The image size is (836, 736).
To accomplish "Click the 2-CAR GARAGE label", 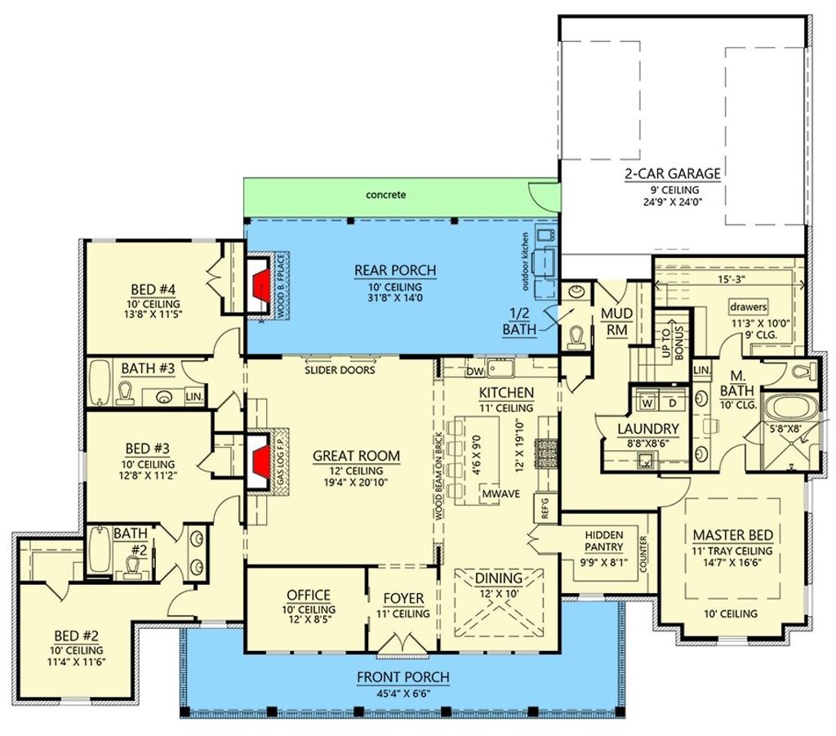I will [673, 173].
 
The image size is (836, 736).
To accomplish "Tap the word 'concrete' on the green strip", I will [385, 195].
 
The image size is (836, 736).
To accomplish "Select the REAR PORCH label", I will [394, 270].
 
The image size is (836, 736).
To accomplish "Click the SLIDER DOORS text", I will [340, 370].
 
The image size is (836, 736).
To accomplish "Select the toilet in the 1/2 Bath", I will [578, 337].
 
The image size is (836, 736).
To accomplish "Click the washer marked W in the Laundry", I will [647, 404].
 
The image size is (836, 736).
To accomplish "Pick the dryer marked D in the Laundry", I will [672, 404].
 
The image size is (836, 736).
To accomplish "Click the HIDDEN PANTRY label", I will [604, 541].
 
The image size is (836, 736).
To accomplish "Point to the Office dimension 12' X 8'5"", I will [308, 622].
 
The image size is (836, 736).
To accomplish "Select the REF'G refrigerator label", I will [545, 508].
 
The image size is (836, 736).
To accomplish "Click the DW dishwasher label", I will [476, 372].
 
